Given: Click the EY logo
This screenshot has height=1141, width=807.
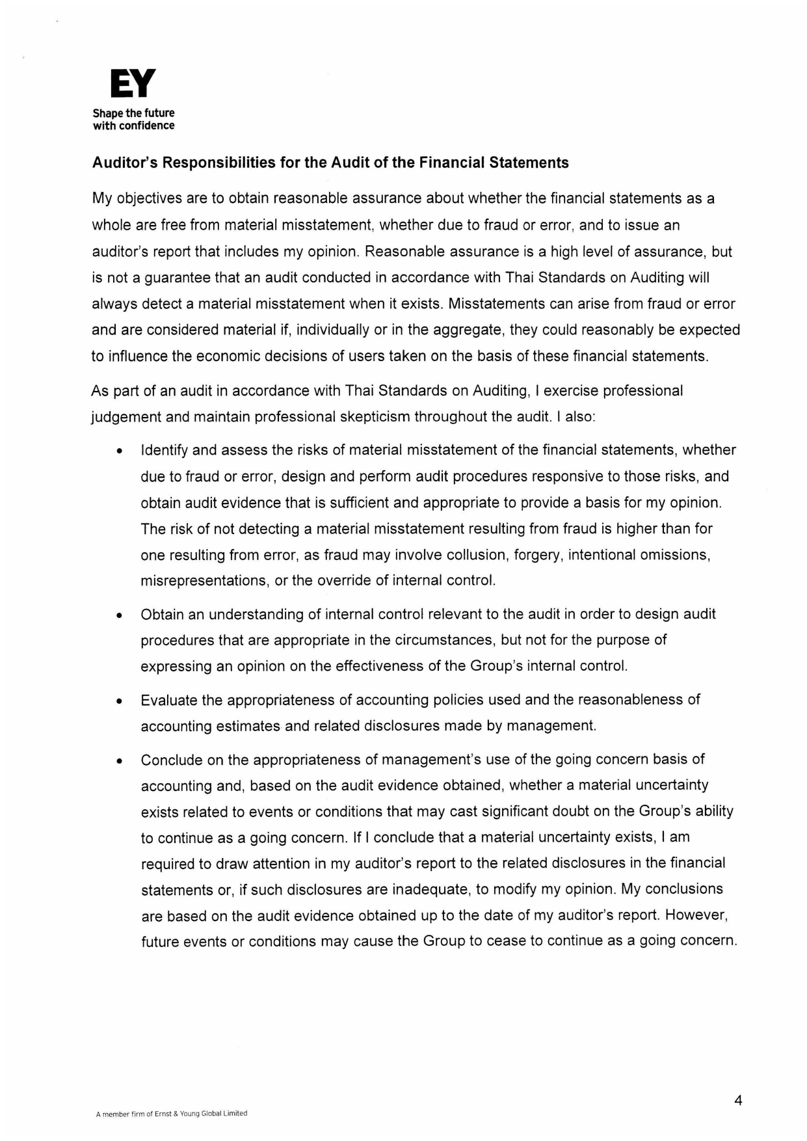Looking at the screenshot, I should coord(133,84).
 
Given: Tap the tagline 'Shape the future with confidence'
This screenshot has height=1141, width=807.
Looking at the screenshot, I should coord(133,119).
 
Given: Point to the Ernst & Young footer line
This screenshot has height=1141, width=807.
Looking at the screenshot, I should coord(172,1113).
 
